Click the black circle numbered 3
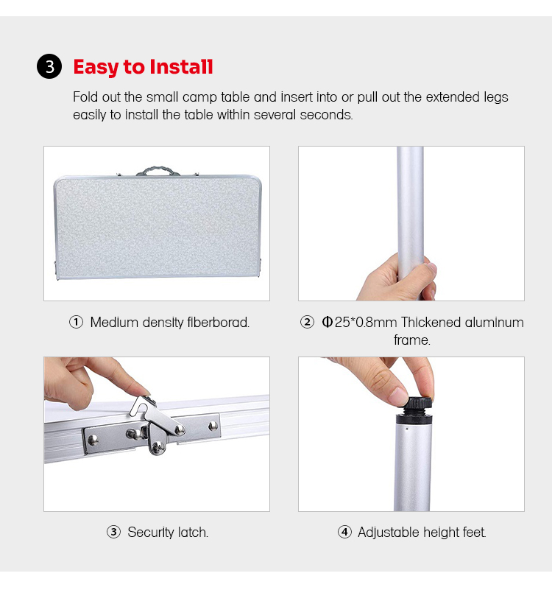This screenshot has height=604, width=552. pyautogui.click(x=49, y=66)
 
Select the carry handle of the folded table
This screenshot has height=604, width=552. pyautogui.click(x=158, y=171)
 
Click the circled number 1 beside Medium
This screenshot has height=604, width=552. pyautogui.click(x=77, y=322)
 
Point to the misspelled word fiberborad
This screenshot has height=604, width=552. pyautogui.click(x=219, y=322)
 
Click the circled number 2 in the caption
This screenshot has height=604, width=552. pyautogui.click(x=307, y=322)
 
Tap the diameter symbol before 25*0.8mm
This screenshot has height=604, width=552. pyautogui.click(x=328, y=322)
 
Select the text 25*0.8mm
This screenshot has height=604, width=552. pyautogui.click(x=366, y=322)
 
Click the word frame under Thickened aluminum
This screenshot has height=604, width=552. pyautogui.click(x=412, y=340)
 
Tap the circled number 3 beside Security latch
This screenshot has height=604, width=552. pyautogui.click(x=113, y=533)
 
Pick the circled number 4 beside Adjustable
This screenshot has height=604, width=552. pyautogui.click(x=344, y=533)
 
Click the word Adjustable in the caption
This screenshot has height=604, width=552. pyautogui.click(x=389, y=533)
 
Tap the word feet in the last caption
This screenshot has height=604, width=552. pyautogui.click(x=474, y=533)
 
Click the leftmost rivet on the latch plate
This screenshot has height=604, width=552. pyautogui.click(x=93, y=440)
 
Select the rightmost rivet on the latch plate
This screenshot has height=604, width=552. pyautogui.click(x=213, y=426)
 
